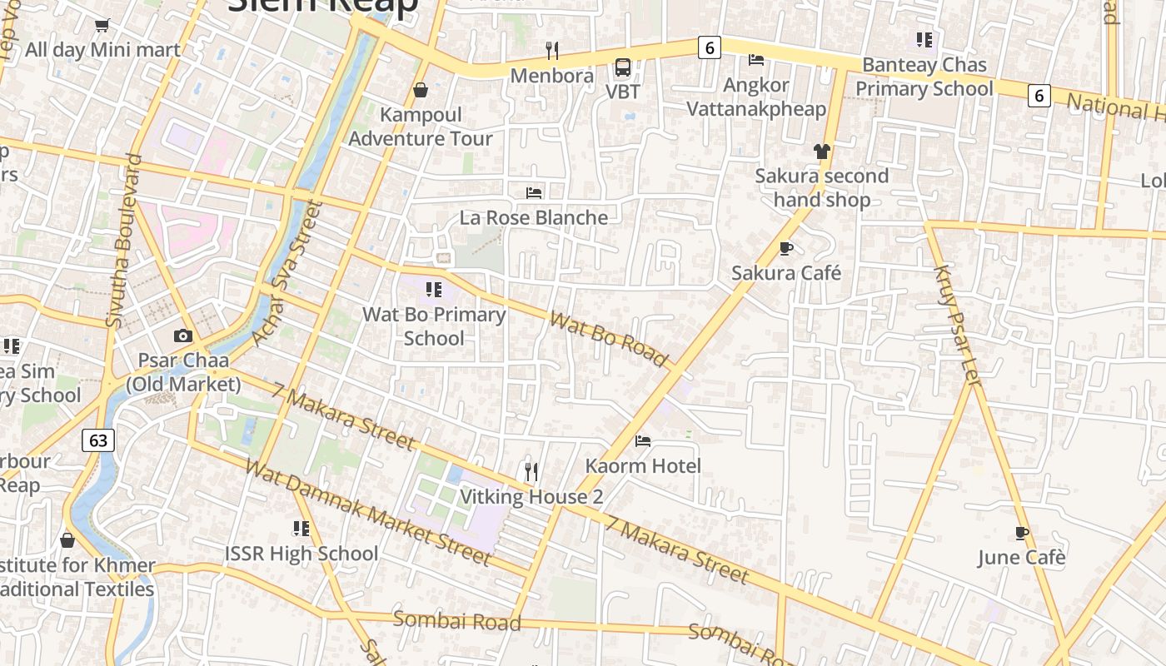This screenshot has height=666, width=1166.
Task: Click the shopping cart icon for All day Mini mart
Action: point(102,25)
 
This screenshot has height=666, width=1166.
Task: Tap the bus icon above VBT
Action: point(623,67)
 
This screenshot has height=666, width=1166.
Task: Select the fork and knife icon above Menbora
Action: point(552,51)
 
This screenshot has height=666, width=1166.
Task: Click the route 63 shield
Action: point(98,440)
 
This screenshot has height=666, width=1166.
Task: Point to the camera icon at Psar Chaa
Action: point(183,336)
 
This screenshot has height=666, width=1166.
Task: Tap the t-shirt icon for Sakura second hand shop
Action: point(822,152)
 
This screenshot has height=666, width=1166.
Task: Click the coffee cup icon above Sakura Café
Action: point(786,248)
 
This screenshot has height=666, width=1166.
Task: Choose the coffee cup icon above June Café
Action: point(1022,533)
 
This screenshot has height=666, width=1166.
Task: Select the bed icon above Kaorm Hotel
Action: point(643,440)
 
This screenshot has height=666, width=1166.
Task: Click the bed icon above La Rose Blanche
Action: point(534,193)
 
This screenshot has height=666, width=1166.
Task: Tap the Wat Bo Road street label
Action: point(609,339)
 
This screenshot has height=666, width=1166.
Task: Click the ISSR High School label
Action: point(301,554)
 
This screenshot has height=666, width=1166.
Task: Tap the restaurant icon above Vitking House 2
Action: point(531,472)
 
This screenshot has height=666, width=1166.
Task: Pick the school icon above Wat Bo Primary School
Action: point(433,290)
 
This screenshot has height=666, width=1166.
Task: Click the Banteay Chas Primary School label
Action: point(924,77)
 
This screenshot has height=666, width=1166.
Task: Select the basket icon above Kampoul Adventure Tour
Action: point(421,90)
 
